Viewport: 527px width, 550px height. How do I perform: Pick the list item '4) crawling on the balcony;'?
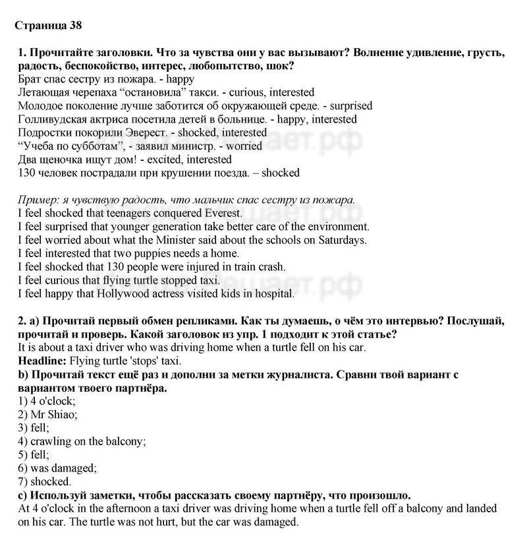82,441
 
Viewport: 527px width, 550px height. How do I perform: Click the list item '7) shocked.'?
45,481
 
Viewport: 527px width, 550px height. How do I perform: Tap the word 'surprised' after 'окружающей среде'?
350,106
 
